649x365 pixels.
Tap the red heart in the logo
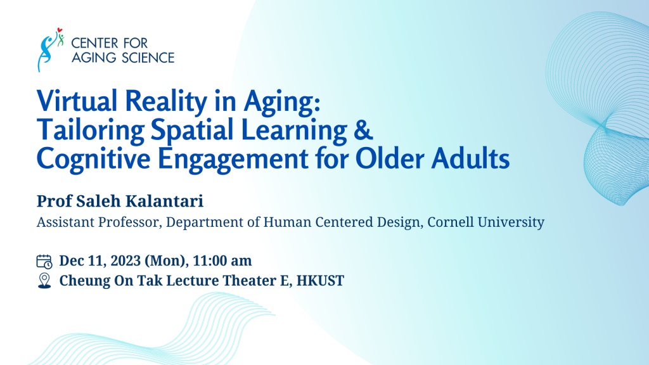[x=58, y=30]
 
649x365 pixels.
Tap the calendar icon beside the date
[x=44, y=261]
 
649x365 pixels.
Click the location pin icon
[x=44, y=281]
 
